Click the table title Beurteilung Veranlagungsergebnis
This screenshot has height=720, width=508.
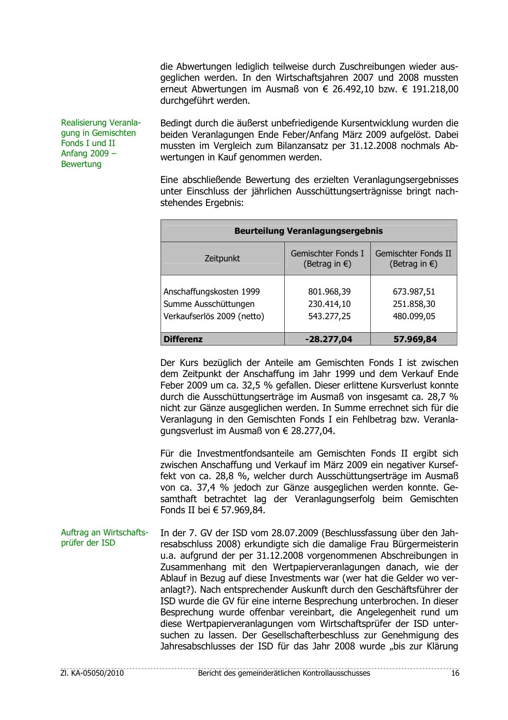point(308,231)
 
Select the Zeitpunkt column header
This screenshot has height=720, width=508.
point(222,258)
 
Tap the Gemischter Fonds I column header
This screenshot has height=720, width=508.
point(327,258)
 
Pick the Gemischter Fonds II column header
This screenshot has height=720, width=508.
point(413,258)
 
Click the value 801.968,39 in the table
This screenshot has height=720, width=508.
point(329,292)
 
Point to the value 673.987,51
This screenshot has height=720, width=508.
point(414,292)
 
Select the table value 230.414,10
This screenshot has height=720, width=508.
point(329,304)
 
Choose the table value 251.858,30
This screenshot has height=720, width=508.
point(414,304)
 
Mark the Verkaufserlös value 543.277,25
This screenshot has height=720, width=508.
point(329,316)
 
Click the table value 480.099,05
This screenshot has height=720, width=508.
point(414,316)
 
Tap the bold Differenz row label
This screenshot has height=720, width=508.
point(183,339)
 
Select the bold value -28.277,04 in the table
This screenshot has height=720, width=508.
point(329,339)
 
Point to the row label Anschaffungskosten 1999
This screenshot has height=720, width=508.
point(211,292)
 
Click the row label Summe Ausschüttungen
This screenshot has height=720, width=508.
point(209,304)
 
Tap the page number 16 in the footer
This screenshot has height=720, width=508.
point(455,673)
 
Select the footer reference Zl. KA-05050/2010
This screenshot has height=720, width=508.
point(92,673)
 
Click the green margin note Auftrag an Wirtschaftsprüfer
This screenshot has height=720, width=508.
point(104,538)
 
